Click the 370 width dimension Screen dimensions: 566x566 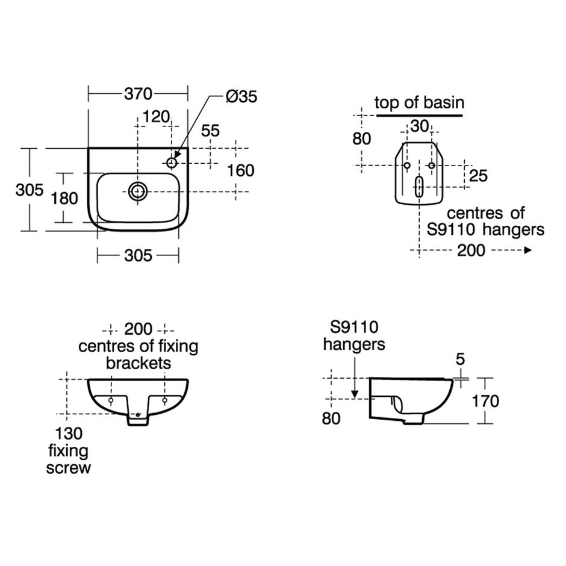[138, 94]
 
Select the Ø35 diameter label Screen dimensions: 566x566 [241, 96]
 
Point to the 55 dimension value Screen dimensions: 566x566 [210, 130]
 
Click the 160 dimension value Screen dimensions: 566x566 [240, 170]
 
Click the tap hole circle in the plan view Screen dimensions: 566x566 [172, 162]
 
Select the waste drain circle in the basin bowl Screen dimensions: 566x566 [138, 191]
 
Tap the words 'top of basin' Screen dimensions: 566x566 [419, 102]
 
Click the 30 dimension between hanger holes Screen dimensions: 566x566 [419, 126]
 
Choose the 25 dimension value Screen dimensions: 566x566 [478, 176]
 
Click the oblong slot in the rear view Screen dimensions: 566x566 [419, 187]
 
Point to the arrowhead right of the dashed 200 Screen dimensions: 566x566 [528, 250]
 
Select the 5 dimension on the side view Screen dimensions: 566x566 [461, 359]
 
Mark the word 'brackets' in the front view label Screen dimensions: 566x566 [138, 363]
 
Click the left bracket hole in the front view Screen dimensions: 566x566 [111, 400]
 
